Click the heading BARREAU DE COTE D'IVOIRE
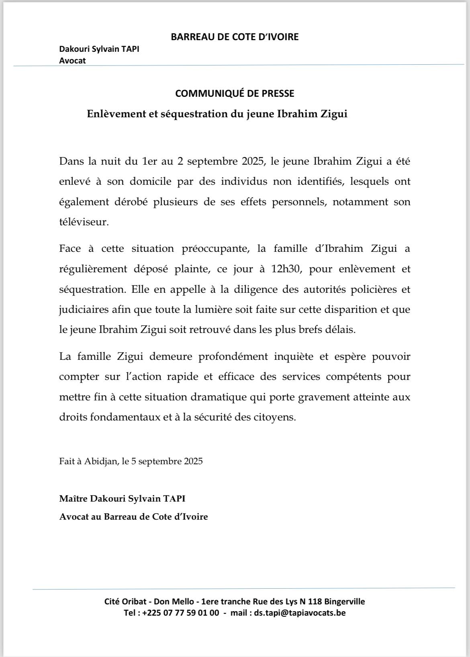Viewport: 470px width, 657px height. (x=235, y=37)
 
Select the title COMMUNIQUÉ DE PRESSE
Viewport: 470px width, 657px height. (x=235, y=94)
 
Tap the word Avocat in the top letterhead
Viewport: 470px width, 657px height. (x=72, y=61)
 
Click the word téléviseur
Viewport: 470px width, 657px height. (x=84, y=222)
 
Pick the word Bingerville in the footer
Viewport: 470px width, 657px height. (x=344, y=602)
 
